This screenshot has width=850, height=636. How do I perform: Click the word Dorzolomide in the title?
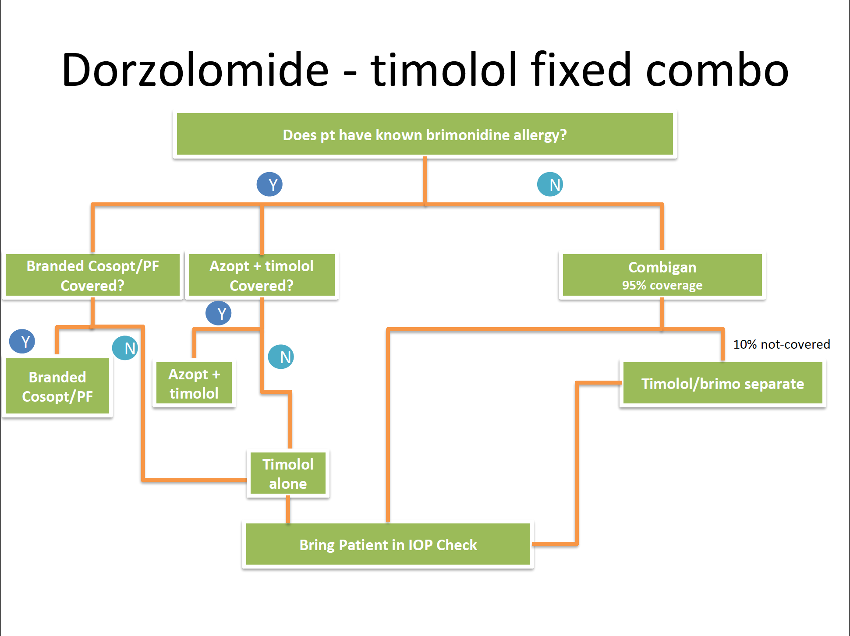195,70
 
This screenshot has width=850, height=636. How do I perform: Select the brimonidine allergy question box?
425,134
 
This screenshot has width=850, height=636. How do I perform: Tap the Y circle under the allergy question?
269,184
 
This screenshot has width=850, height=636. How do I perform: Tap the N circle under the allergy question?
550,184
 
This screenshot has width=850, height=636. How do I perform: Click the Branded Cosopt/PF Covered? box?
92,276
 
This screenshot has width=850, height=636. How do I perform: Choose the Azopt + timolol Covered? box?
262,276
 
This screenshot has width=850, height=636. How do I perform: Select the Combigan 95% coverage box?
662,276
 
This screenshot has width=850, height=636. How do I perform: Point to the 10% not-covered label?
782,344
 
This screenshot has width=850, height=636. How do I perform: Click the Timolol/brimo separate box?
722,384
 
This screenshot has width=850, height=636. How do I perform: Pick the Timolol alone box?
288,473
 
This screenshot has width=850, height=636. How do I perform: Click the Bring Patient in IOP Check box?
388,545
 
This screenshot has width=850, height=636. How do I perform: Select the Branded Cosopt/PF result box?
57,386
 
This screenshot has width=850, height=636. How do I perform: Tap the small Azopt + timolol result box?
194,384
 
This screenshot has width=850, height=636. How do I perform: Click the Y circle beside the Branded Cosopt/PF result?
22,341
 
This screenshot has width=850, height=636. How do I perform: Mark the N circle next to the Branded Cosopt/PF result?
125,348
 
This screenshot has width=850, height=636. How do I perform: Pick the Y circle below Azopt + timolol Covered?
219,313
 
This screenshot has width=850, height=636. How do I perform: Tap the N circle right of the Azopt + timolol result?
281,357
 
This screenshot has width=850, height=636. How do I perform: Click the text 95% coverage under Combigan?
662,286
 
